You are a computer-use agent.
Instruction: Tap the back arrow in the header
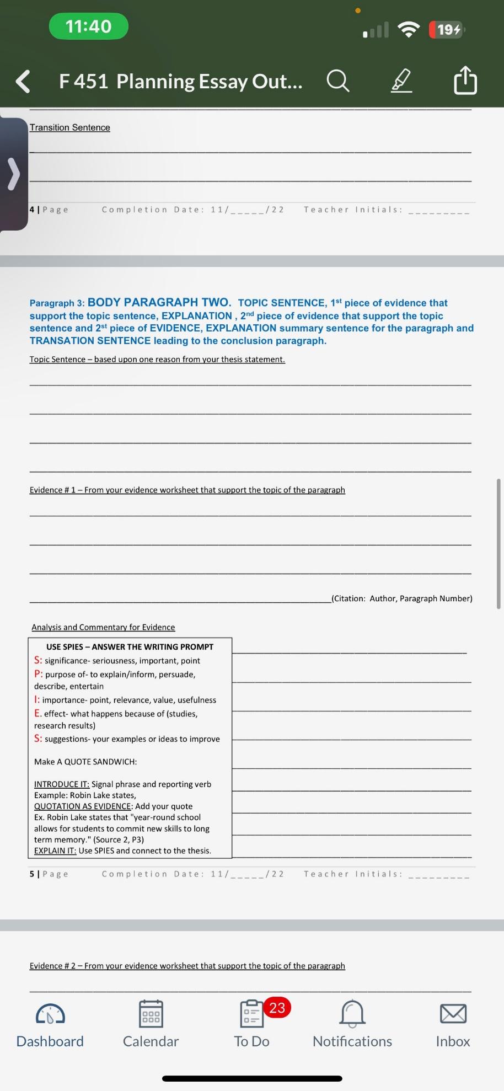(23, 82)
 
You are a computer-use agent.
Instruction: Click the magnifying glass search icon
(337, 81)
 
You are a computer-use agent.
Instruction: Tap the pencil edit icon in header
(401, 81)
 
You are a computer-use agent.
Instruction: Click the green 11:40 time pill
(88, 26)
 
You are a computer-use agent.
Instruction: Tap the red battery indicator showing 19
(448, 29)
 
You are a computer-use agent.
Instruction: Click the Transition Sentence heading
(69, 127)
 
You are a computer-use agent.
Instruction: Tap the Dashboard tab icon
(50, 1014)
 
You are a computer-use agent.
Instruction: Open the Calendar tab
(151, 1014)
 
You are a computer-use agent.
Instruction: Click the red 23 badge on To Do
(276, 1008)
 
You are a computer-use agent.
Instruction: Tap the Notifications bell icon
(352, 1014)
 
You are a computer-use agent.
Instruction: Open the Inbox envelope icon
(453, 1014)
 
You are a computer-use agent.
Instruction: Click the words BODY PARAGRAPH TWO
(159, 302)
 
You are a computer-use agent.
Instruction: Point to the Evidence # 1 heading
(187, 490)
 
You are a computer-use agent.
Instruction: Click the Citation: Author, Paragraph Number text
(402, 598)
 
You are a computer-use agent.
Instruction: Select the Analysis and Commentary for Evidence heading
(103, 627)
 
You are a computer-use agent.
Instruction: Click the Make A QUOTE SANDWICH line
(85, 762)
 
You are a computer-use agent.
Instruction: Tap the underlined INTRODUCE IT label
(62, 784)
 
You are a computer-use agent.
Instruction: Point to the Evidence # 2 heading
(187, 966)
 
